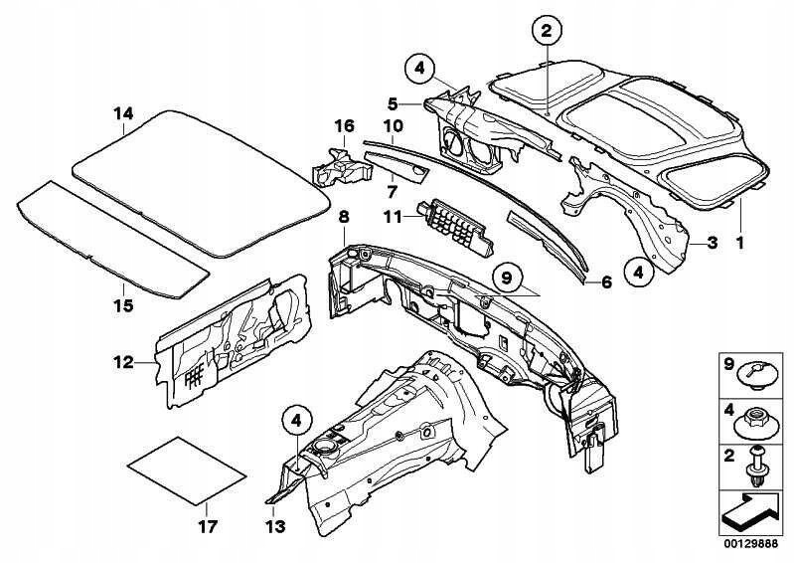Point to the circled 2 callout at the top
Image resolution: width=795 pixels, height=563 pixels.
546,32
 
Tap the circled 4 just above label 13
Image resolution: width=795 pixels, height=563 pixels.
295,422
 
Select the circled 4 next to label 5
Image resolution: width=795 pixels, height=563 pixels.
419,69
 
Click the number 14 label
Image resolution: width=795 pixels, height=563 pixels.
123,114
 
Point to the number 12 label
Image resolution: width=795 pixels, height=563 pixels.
122,364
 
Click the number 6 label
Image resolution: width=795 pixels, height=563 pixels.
604,281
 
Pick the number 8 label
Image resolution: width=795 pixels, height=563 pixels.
344,215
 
